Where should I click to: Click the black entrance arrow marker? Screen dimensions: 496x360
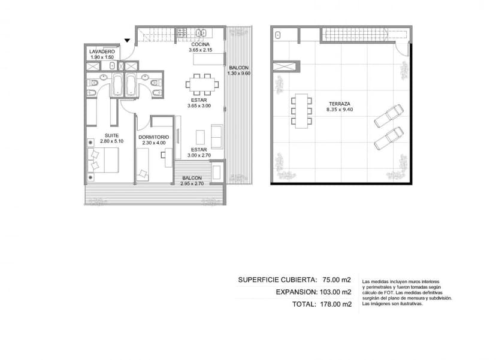(127, 41)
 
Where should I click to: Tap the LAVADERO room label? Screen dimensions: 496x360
(102, 52)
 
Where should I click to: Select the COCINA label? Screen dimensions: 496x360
(200, 44)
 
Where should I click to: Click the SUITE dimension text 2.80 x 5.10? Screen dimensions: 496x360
(111, 141)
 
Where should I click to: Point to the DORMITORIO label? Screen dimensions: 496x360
(154, 137)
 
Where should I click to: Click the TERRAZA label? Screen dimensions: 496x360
(340, 104)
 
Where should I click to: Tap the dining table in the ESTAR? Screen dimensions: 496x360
(202, 84)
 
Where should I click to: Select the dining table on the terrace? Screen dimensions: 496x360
(301, 111)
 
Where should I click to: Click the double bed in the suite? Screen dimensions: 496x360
(103, 161)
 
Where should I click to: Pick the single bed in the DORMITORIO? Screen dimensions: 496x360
(143, 165)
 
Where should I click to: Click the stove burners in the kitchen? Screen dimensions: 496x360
(182, 32)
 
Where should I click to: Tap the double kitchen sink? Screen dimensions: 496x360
(201, 32)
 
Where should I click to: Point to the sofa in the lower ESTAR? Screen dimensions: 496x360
(217, 137)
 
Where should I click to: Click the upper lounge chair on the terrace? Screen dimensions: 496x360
(389, 116)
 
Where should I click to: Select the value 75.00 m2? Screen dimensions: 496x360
(337, 280)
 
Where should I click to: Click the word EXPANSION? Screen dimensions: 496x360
(297, 292)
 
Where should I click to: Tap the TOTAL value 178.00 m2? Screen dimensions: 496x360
(335, 304)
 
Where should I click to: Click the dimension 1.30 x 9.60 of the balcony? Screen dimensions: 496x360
(239, 74)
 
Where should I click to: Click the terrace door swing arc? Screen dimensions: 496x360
(401, 50)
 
